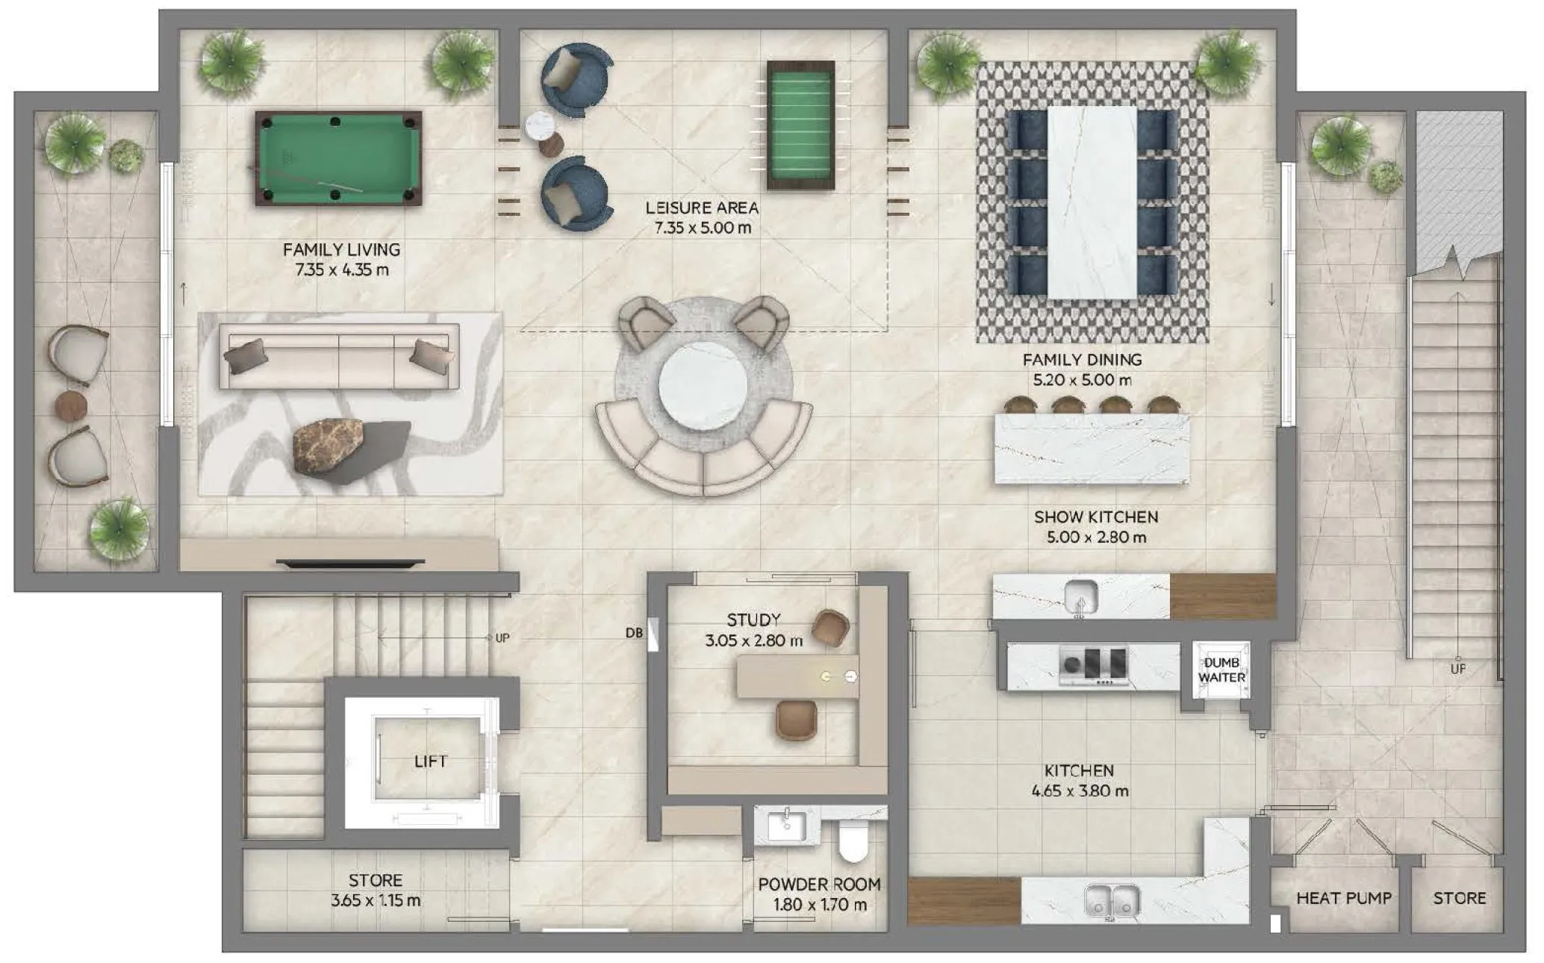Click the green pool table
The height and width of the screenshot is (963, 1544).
point(338,158)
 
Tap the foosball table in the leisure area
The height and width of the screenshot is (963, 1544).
point(800,125)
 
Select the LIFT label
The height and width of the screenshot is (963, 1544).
point(430,761)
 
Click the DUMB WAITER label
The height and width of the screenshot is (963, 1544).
point(1221,670)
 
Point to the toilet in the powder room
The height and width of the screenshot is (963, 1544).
point(853,841)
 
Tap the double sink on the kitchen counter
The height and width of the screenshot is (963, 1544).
point(1112,900)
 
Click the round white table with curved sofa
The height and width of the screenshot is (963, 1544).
point(703,387)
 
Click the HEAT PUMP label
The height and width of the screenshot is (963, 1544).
point(1343,898)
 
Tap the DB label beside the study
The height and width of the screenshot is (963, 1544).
point(634,633)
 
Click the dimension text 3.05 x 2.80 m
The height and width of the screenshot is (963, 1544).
point(753,641)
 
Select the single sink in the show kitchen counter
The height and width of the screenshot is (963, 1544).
point(1080,596)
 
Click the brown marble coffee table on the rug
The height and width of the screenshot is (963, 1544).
point(329,446)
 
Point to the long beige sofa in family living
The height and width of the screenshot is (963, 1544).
point(339,357)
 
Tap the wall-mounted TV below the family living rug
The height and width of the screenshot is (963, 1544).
point(350,561)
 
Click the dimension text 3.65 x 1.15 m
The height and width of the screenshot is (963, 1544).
point(375,901)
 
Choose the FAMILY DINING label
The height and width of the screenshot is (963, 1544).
point(1082,360)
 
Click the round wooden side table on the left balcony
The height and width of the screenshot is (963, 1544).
point(72,405)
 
